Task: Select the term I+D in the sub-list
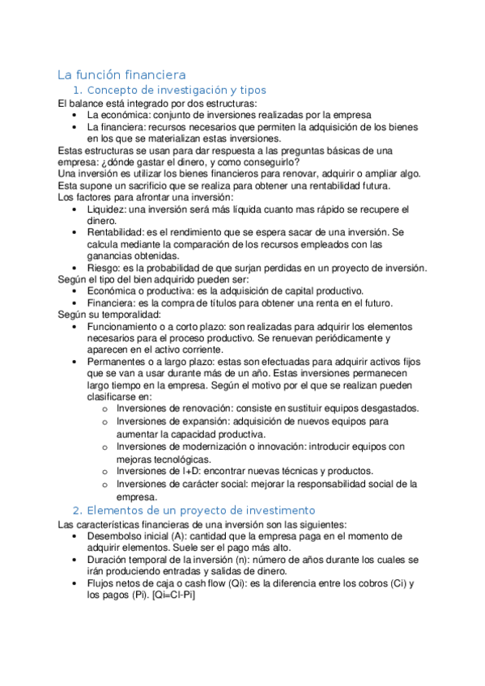(185, 471)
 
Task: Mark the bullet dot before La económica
(74, 116)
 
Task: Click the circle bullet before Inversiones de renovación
(105, 409)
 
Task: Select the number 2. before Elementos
(79, 510)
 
